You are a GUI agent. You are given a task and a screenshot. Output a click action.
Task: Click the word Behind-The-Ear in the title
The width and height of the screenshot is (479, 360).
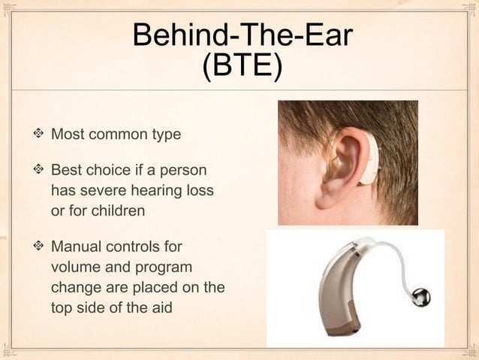pos(243,36)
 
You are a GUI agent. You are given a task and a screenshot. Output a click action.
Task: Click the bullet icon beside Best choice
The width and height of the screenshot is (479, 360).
pos(38,172)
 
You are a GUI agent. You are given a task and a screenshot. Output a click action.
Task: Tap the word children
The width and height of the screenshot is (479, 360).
pos(117,210)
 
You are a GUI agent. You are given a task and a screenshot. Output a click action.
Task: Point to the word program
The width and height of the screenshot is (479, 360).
pos(164,267)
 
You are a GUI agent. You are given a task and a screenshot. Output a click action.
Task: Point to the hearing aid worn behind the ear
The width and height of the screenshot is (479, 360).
pos(370,162)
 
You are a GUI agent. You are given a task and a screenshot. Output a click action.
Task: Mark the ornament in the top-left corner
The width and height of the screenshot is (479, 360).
pos(9,9)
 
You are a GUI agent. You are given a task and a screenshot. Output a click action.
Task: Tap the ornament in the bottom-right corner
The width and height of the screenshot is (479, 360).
pos(470,351)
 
